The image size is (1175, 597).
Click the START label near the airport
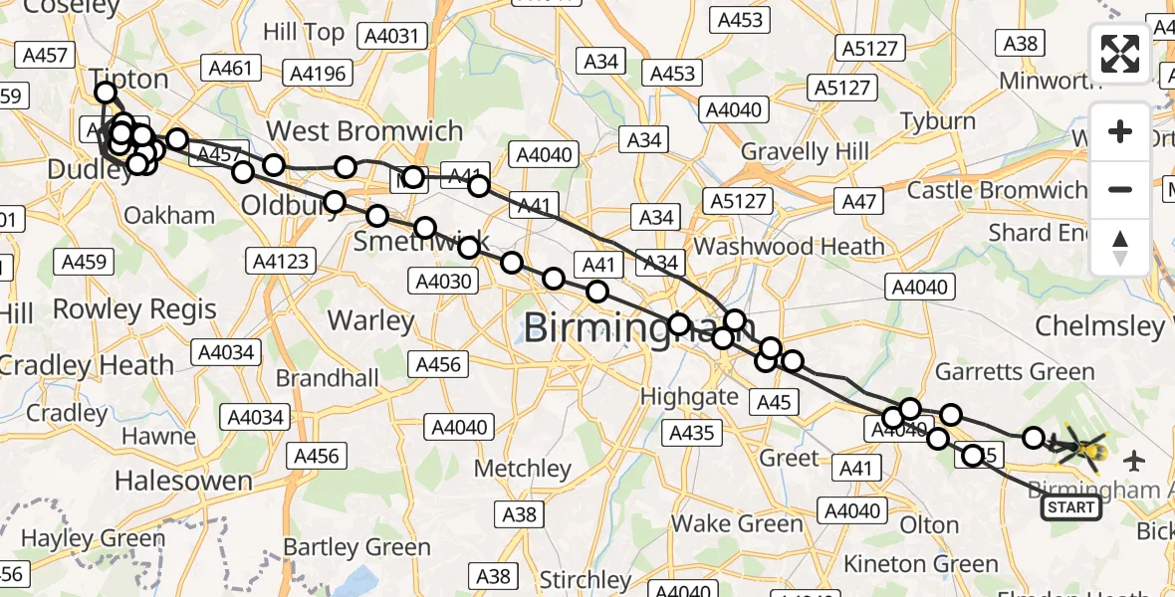1070,508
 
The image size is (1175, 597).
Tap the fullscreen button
1120,54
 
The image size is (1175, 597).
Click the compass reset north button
1120,248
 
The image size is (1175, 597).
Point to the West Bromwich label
364,131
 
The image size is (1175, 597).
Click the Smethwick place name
422,242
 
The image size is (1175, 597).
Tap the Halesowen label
183,482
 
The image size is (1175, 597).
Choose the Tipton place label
129,78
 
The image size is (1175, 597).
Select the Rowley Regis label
134,309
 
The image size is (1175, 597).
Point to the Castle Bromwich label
997,189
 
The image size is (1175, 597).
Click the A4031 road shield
395,38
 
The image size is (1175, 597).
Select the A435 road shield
691,433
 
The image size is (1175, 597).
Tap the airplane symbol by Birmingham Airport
1133,461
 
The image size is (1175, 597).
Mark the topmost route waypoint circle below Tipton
106,94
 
